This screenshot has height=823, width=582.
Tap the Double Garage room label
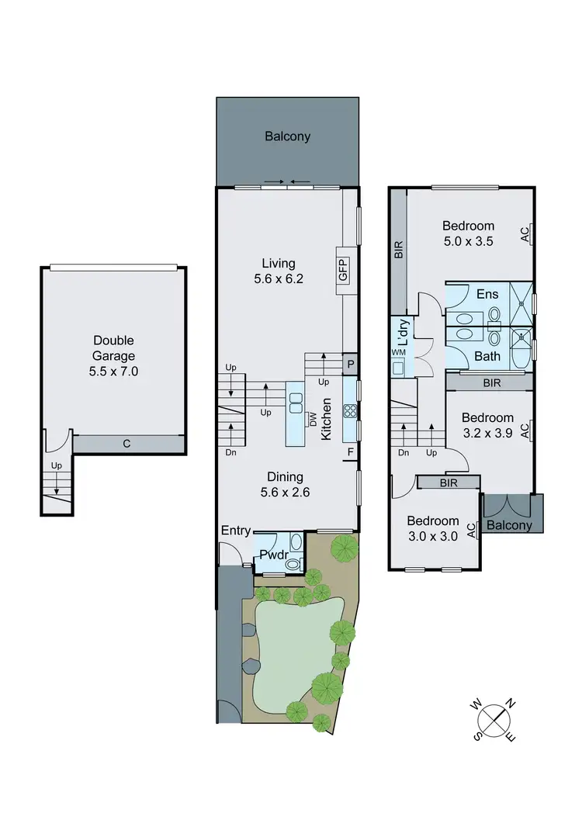pos(114,355)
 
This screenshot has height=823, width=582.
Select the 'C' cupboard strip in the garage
pos(126,444)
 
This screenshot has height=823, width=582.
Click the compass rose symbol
pos(494,718)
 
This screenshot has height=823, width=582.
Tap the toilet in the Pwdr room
pos(292,564)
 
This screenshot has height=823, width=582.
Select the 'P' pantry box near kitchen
pos(350,363)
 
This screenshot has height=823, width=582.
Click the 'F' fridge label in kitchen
pos(350,451)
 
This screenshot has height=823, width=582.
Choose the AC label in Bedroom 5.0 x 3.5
pos(525,233)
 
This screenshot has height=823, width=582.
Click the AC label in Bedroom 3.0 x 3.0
pos(471,530)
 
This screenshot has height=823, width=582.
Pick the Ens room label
pos(487,294)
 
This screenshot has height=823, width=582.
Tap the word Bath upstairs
pos(487,356)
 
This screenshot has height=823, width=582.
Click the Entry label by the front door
pos(236,531)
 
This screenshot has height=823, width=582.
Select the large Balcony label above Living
pos(287,137)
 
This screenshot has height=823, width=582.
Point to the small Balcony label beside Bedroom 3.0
pos(511,525)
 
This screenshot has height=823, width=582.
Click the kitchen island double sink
pos(296,402)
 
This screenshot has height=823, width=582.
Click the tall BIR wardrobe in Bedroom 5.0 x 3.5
pos(398,249)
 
